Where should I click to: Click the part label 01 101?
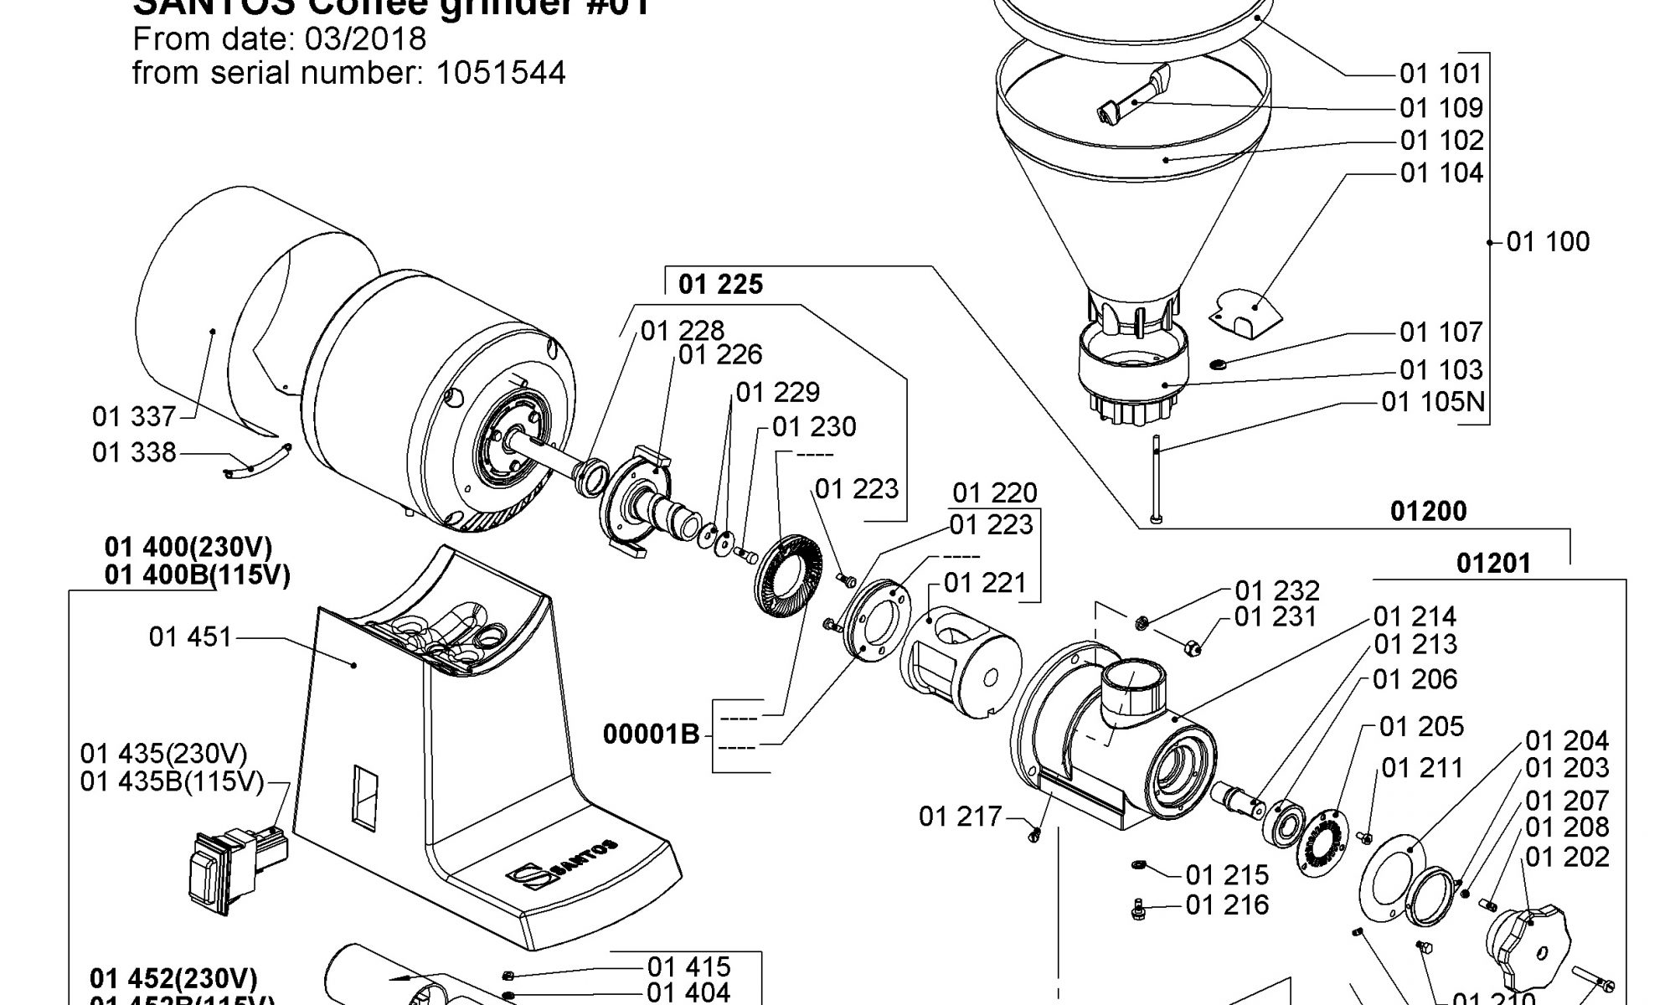[x=1440, y=74]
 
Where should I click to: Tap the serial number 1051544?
[x=501, y=74]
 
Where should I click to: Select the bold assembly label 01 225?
[x=720, y=285]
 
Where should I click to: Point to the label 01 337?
[x=134, y=416]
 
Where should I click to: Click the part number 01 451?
[x=190, y=637]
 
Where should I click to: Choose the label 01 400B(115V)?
[x=198, y=576]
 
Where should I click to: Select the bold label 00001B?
[x=651, y=734]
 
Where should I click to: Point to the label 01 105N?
[x=1432, y=403]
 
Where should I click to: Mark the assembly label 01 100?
[x=1547, y=242]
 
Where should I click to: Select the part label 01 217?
[x=960, y=817]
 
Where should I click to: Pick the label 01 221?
[x=984, y=583]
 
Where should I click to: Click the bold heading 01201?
[x=1493, y=563]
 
